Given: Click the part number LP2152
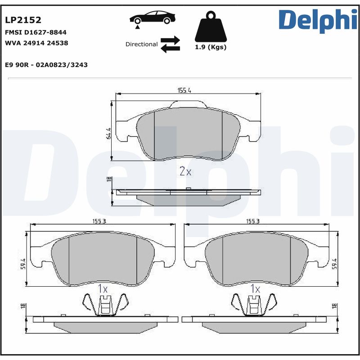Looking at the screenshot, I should [x=23, y=20].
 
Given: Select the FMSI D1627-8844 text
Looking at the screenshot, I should [x=36, y=32].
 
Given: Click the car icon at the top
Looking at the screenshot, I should [x=152, y=19].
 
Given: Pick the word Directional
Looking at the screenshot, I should [x=141, y=45].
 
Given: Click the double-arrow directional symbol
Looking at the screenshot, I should [x=170, y=44].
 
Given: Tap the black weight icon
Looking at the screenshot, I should [x=210, y=28].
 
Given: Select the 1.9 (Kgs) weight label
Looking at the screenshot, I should [x=210, y=47].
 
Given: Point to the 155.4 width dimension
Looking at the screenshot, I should [x=184, y=90].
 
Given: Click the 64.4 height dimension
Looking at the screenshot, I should [x=108, y=134].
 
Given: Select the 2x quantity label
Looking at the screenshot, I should [x=185, y=171].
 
